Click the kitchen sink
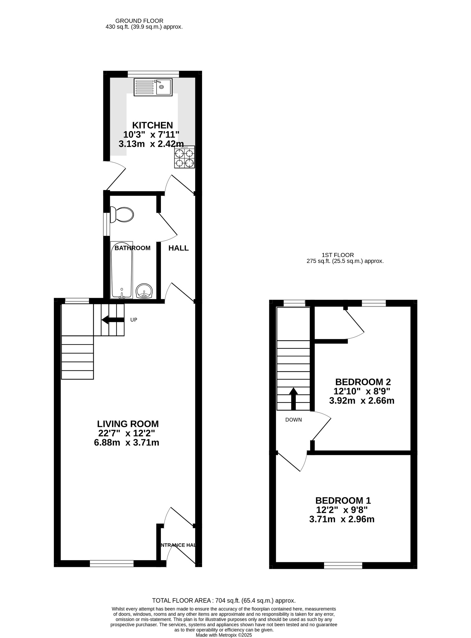point(153,87)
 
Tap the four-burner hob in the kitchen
point(185,157)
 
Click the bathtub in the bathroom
point(122,270)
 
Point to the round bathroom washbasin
point(144,291)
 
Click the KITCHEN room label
point(153,125)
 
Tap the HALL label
point(179,248)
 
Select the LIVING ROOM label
point(128,424)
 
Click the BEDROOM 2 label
point(363,382)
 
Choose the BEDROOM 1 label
point(343,500)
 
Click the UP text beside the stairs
point(134,320)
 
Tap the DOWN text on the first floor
point(294,420)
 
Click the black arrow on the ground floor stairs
point(113,320)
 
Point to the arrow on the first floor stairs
point(293,399)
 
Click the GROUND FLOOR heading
point(139,21)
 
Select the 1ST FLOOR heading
point(338,255)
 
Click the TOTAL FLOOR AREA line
point(224,600)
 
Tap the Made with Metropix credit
point(224,635)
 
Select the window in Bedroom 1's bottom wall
point(343,565)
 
